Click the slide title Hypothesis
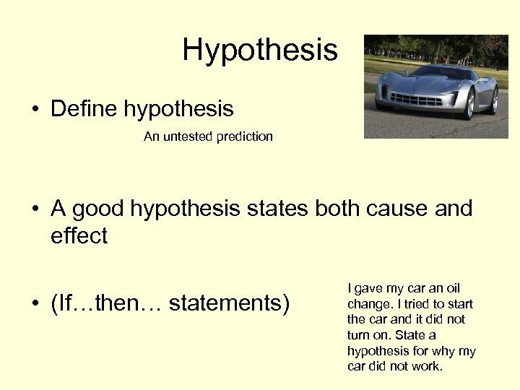point(260,50)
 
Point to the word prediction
point(246,136)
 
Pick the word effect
point(79,235)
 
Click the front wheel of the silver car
point(469,105)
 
